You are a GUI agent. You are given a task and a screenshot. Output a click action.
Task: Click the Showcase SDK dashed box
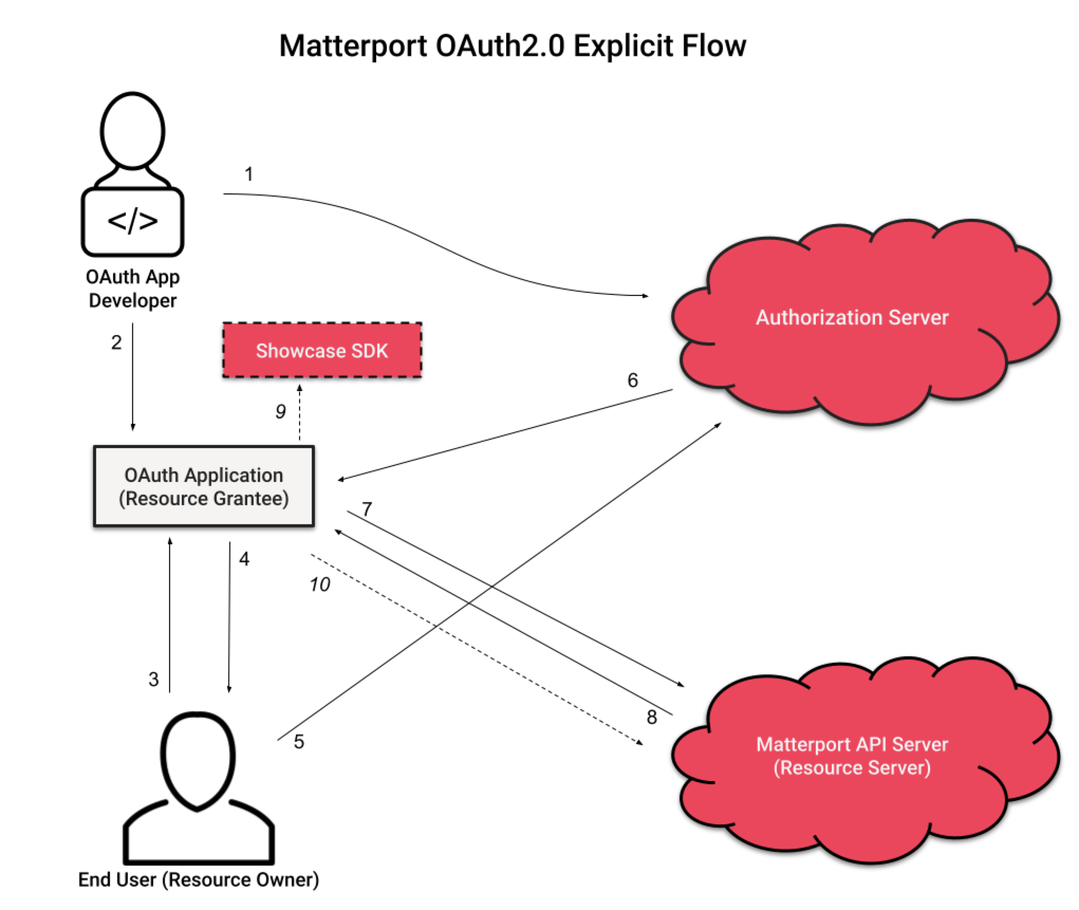click(x=322, y=350)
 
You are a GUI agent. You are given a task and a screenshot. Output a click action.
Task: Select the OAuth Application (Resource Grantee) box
click(x=204, y=486)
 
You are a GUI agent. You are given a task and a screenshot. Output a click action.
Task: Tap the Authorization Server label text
click(x=852, y=317)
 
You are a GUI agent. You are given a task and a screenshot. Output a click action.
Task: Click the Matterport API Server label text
click(x=852, y=745)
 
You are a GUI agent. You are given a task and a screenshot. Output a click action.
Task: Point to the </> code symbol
click(x=133, y=221)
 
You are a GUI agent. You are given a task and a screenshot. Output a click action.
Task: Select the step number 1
click(x=249, y=174)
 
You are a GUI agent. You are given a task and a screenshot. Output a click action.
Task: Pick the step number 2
click(x=116, y=342)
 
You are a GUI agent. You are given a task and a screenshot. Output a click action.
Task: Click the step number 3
click(x=153, y=679)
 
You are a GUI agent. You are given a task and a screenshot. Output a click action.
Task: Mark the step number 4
click(x=244, y=559)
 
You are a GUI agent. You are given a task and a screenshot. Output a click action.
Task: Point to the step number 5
click(x=299, y=741)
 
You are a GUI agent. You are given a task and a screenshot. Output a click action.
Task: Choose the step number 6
click(x=632, y=380)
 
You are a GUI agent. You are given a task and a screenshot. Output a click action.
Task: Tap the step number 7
click(x=367, y=509)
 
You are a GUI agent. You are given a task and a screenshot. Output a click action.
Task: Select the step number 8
click(x=652, y=717)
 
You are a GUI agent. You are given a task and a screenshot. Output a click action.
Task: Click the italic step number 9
click(x=281, y=411)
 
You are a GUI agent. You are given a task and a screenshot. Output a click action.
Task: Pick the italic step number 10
click(x=320, y=584)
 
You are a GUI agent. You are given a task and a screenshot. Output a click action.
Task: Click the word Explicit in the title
click(x=623, y=46)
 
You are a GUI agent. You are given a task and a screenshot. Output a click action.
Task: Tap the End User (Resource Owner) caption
click(x=199, y=879)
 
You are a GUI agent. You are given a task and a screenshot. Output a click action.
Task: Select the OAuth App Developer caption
click(x=133, y=289)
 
